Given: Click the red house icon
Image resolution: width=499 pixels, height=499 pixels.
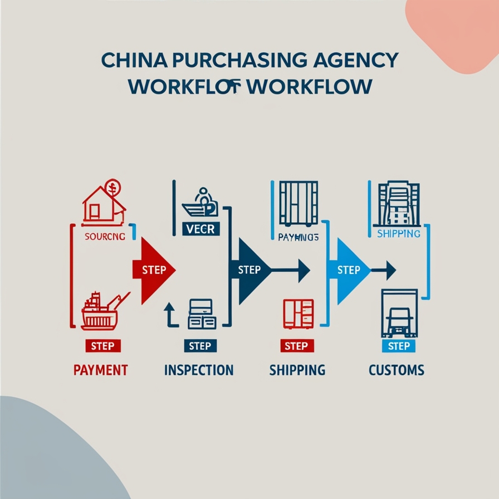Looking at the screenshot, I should (x=103, y=202).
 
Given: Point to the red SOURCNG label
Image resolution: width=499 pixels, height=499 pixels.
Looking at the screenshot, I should (x=105, y=236).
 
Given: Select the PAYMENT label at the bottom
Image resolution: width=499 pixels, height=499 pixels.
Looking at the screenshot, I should (x=101, y=370).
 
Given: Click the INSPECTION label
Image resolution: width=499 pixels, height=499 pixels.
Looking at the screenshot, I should (x=199, y=370).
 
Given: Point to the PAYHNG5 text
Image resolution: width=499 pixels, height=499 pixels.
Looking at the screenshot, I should (x=297, y=237).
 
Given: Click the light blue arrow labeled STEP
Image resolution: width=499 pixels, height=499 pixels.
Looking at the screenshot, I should (x=349, y=270).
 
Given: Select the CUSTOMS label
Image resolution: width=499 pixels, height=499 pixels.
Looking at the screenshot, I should (x=397, y=370).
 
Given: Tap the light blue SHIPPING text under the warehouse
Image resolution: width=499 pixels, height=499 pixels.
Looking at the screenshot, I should (x=398, y=234).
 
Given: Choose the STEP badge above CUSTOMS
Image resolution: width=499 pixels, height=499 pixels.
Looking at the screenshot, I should (x=398, y=346).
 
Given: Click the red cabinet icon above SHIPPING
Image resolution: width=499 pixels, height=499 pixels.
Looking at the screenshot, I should (x=299, y=313).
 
